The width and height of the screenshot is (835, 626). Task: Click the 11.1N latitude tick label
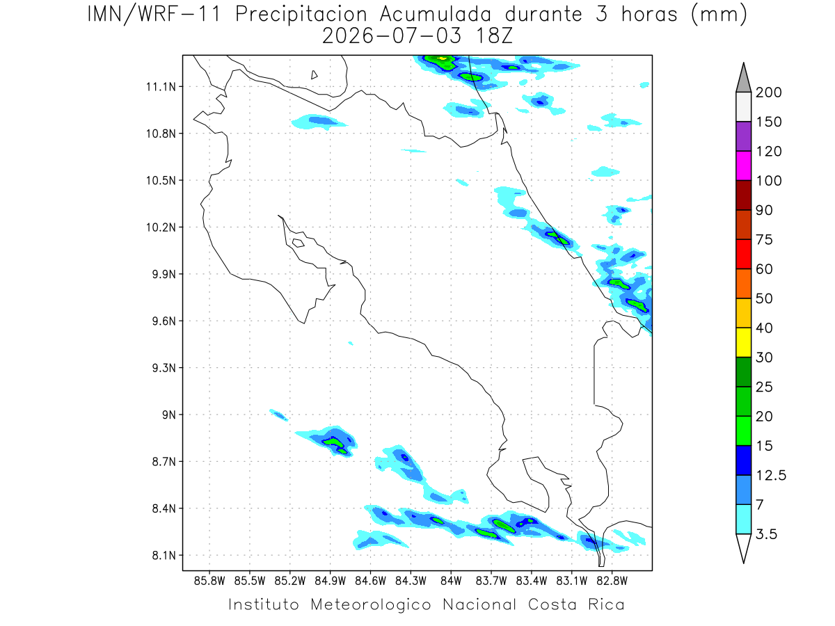click(161, 87)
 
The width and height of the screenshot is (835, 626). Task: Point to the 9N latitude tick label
click(169, 415)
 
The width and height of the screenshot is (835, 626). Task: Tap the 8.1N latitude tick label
click(164, 555)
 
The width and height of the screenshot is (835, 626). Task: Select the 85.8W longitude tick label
click(209, 581)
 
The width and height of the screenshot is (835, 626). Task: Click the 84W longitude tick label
click(451, 581)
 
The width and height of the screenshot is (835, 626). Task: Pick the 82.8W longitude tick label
click(612, 581)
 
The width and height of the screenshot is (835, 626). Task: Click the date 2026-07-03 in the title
click(392, 36)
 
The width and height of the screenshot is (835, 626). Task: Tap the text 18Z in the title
click(494, 36)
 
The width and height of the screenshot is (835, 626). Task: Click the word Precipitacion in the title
click(301, 15)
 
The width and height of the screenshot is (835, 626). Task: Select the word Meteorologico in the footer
click(370, 604)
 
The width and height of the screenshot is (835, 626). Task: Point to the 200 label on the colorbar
click(768, 93)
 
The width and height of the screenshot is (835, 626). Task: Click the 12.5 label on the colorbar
click(771, 476)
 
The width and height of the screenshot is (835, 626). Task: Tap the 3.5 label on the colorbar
click(766, 534)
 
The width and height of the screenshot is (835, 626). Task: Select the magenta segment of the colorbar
click(743, 166)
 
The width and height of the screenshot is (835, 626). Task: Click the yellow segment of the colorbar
click(743, 342)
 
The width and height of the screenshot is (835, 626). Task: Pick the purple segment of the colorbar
click(743, 136)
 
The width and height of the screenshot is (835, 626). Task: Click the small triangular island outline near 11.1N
click(314, 75)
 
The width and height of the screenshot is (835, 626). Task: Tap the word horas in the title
click(649, 15)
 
